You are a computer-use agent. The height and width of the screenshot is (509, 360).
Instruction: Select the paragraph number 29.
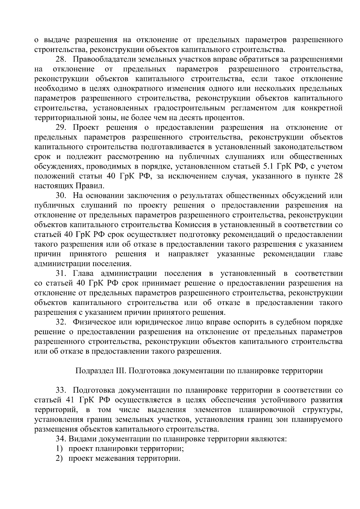tap(61, 127)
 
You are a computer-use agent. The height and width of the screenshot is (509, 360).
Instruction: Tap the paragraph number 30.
tap(61, 196)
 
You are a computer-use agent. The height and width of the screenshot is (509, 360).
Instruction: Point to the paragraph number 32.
tap(61, 322)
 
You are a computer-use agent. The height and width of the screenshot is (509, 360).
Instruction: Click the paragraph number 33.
tap(61, 390)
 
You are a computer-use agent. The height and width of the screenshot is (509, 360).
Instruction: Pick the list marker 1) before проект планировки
tap(59, 449)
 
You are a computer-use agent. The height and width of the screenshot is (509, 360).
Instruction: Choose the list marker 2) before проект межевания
tap(59, 459)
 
